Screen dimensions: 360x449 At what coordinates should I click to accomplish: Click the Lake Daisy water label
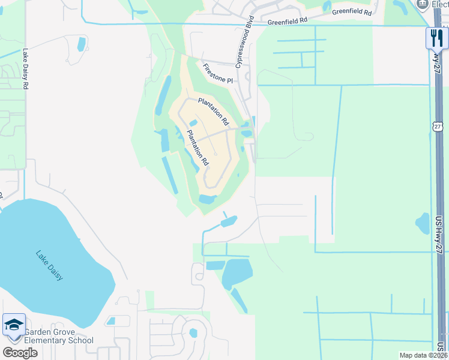pos(49,265)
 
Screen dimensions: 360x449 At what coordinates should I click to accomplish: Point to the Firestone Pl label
pos(217,74)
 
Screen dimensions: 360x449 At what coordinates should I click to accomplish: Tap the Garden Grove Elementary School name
pos(59,335)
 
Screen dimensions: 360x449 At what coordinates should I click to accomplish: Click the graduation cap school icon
pos(14,326)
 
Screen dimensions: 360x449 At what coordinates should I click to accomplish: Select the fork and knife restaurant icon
pos(437,38)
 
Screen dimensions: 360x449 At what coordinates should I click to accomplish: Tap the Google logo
pos(20,352)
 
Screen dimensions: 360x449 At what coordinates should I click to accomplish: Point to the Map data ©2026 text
pos(423,355)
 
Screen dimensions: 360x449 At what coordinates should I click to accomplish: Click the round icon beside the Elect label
pos(422,4)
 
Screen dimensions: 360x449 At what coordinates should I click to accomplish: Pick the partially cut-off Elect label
pos(440,4)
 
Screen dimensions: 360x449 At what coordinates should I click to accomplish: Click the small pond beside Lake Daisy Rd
pos(81,44)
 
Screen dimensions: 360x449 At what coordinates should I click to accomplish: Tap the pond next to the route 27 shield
pos(423,223)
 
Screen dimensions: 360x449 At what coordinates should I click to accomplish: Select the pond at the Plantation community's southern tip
pos(208,199)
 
